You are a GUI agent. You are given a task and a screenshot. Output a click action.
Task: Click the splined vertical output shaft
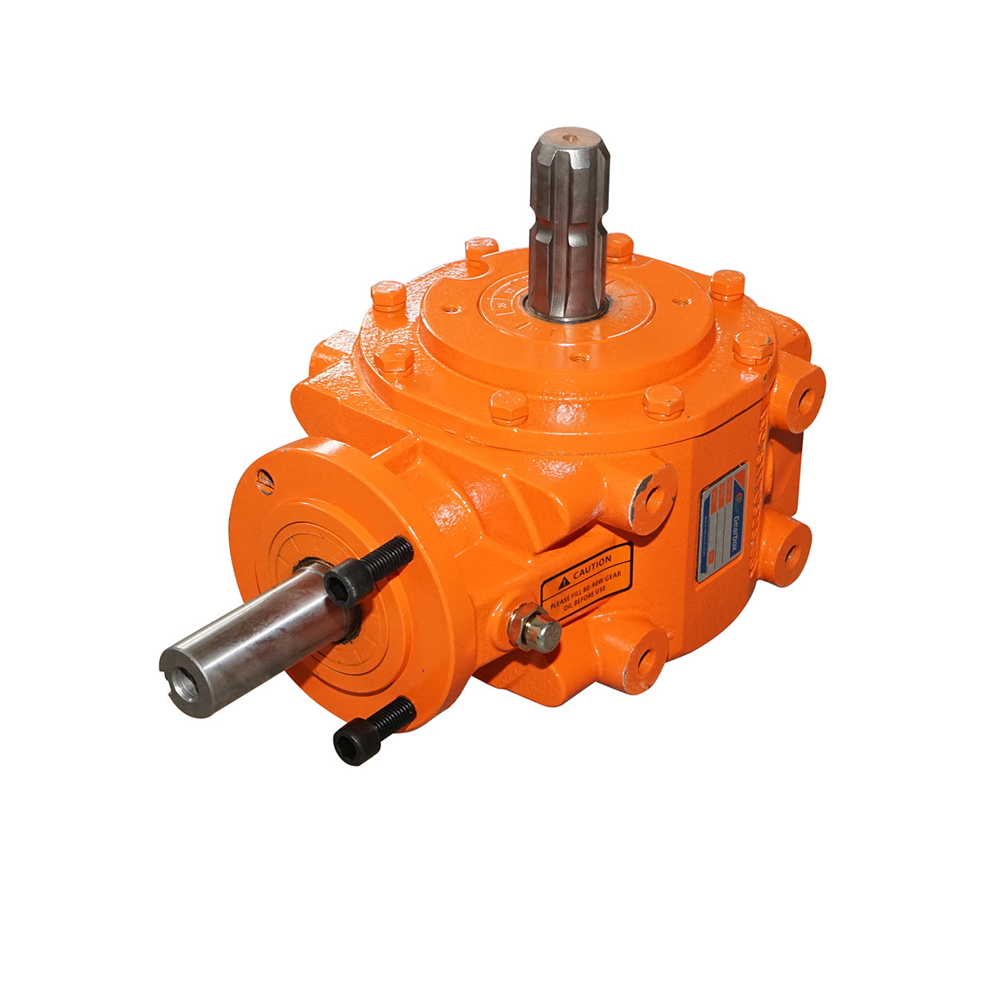coord(568,222)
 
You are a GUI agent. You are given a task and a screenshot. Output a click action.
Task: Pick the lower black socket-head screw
coord(373,731)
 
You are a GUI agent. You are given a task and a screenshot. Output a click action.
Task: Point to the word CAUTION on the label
coord(592,565)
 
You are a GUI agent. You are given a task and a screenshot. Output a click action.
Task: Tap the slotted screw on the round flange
coord(264,482)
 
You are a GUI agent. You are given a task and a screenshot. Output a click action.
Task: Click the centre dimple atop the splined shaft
coord(568,134)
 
